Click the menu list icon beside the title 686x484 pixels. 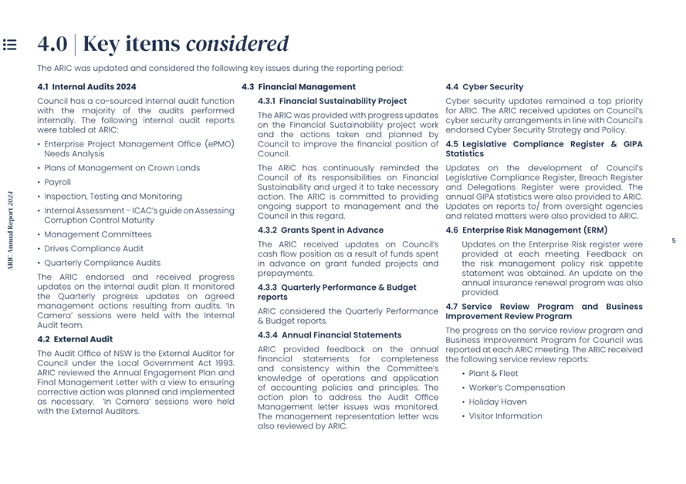pos(9,45)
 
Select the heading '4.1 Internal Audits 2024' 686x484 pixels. pos(86,87)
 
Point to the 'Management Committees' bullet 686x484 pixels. pos(97,234)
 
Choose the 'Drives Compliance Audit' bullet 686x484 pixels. pos(93,249)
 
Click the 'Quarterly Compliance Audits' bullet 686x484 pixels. pos(102,263)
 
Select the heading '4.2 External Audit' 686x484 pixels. pos(75,339)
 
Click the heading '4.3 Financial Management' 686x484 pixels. pos(299,87)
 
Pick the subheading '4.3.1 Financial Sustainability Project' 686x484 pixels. pos(332,101)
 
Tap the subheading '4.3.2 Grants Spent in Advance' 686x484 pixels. pos(320,230)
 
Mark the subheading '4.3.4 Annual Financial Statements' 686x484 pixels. pos(329,335)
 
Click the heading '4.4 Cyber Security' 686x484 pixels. pos(484,87)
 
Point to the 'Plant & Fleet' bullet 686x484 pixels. pos(494,374)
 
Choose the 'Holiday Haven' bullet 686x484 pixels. pos(498,402)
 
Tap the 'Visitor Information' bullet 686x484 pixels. pos(505,416)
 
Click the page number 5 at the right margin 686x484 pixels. pos(673,241)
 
